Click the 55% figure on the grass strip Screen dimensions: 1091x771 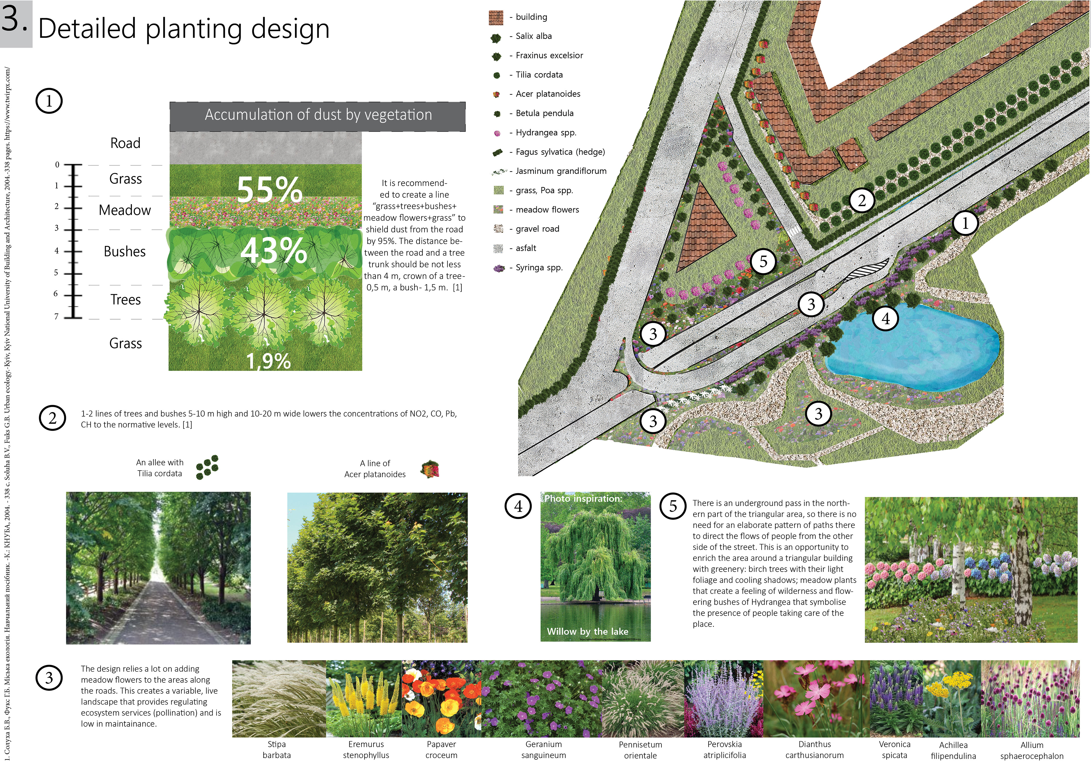[x=269, y=189]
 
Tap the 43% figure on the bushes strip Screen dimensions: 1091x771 [x=273, y=250]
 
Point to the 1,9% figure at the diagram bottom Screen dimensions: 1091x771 [x=268, y=361]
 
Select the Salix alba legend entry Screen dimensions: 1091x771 [x=533, y=36]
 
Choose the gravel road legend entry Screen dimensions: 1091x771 [x=537, y=229]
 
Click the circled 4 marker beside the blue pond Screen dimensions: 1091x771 [x=886, y=318]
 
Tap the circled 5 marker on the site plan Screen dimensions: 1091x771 [x=763, y=261]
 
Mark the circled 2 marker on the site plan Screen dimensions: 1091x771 [x=861, y=200]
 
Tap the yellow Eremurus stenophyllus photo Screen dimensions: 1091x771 [x=364, y=698]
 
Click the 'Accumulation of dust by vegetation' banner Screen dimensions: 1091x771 [x=318, y=115]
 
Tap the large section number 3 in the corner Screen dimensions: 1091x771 [x=14, y=20]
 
